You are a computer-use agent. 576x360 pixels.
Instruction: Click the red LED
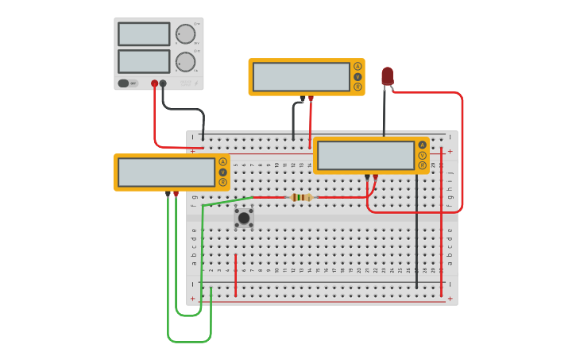point(387,75)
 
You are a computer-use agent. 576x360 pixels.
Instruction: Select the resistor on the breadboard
point(302,197)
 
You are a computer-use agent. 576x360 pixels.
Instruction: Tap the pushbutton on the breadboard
point(244,218)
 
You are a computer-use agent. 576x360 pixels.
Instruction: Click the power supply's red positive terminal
point(154,83)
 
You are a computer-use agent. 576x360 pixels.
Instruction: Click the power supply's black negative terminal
point(163,83)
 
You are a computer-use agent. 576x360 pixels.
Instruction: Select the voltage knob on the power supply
point(184,33)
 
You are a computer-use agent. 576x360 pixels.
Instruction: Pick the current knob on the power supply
point(185,62)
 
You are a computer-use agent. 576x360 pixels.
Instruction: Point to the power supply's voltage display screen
point(144,34)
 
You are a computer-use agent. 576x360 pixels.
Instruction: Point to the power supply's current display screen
point(144,62)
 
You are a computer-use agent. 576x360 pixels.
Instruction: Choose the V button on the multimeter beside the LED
point(358,76)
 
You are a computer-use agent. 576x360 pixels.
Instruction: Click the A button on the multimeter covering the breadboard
point(422,145)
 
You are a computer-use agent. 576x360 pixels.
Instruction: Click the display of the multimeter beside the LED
point(301,77)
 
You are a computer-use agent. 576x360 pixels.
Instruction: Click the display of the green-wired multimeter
point(166,172)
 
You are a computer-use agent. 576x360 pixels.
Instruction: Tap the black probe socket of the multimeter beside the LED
point(302,99)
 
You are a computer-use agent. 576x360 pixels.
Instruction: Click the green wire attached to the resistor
point(228,201)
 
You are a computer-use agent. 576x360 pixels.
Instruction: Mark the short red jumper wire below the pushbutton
point(235,264)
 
